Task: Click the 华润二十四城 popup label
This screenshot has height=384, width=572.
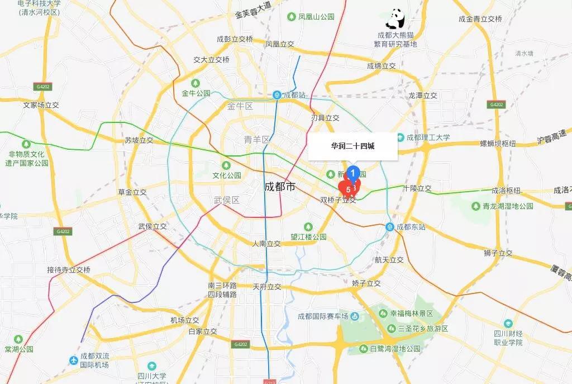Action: pyautogui.click(x=352, y=146)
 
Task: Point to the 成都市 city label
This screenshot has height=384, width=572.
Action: pyautogui.click(x=280, y=187)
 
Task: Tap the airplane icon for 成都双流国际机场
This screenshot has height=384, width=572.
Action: pyautogui.click(x=74, y=361)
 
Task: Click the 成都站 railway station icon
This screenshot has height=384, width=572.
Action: pyautogui.click(x=277, y=95)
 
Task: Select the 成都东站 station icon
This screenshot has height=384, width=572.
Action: pyautogui.click(x=389, y=227)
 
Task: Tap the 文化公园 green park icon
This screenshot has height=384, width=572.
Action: pyautogui.click(x=226, y=165)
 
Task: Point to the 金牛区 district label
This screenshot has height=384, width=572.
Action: pyautogui.click(x=240, y=106)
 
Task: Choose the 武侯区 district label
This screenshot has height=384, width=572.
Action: pyautogui.click(x=226, y=200)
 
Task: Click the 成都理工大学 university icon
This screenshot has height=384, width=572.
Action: pyautogui.click(x=401, y=138)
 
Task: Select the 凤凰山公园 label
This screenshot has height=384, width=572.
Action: pyautogui.click(x=316, y=17)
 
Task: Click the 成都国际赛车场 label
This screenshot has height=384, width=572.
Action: pyautogui.click(x=323, y=316)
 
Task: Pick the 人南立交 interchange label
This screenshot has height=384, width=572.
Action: pyautogui.click(x=266, y=244)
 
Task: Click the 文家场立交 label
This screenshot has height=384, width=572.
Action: pyautogui.click(x=41, y=105)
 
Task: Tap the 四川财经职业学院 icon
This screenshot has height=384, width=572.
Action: pyautogui.click(x=508, y=324)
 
